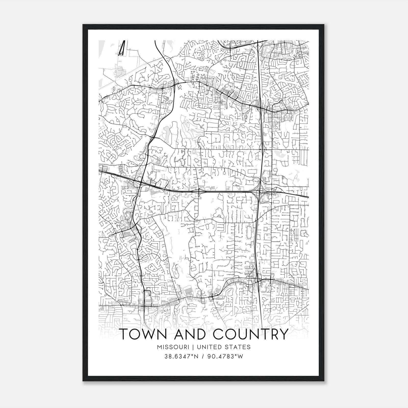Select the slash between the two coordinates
(203, 356)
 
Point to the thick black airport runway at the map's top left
(122, 48)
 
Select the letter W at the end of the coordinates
(241, 356)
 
